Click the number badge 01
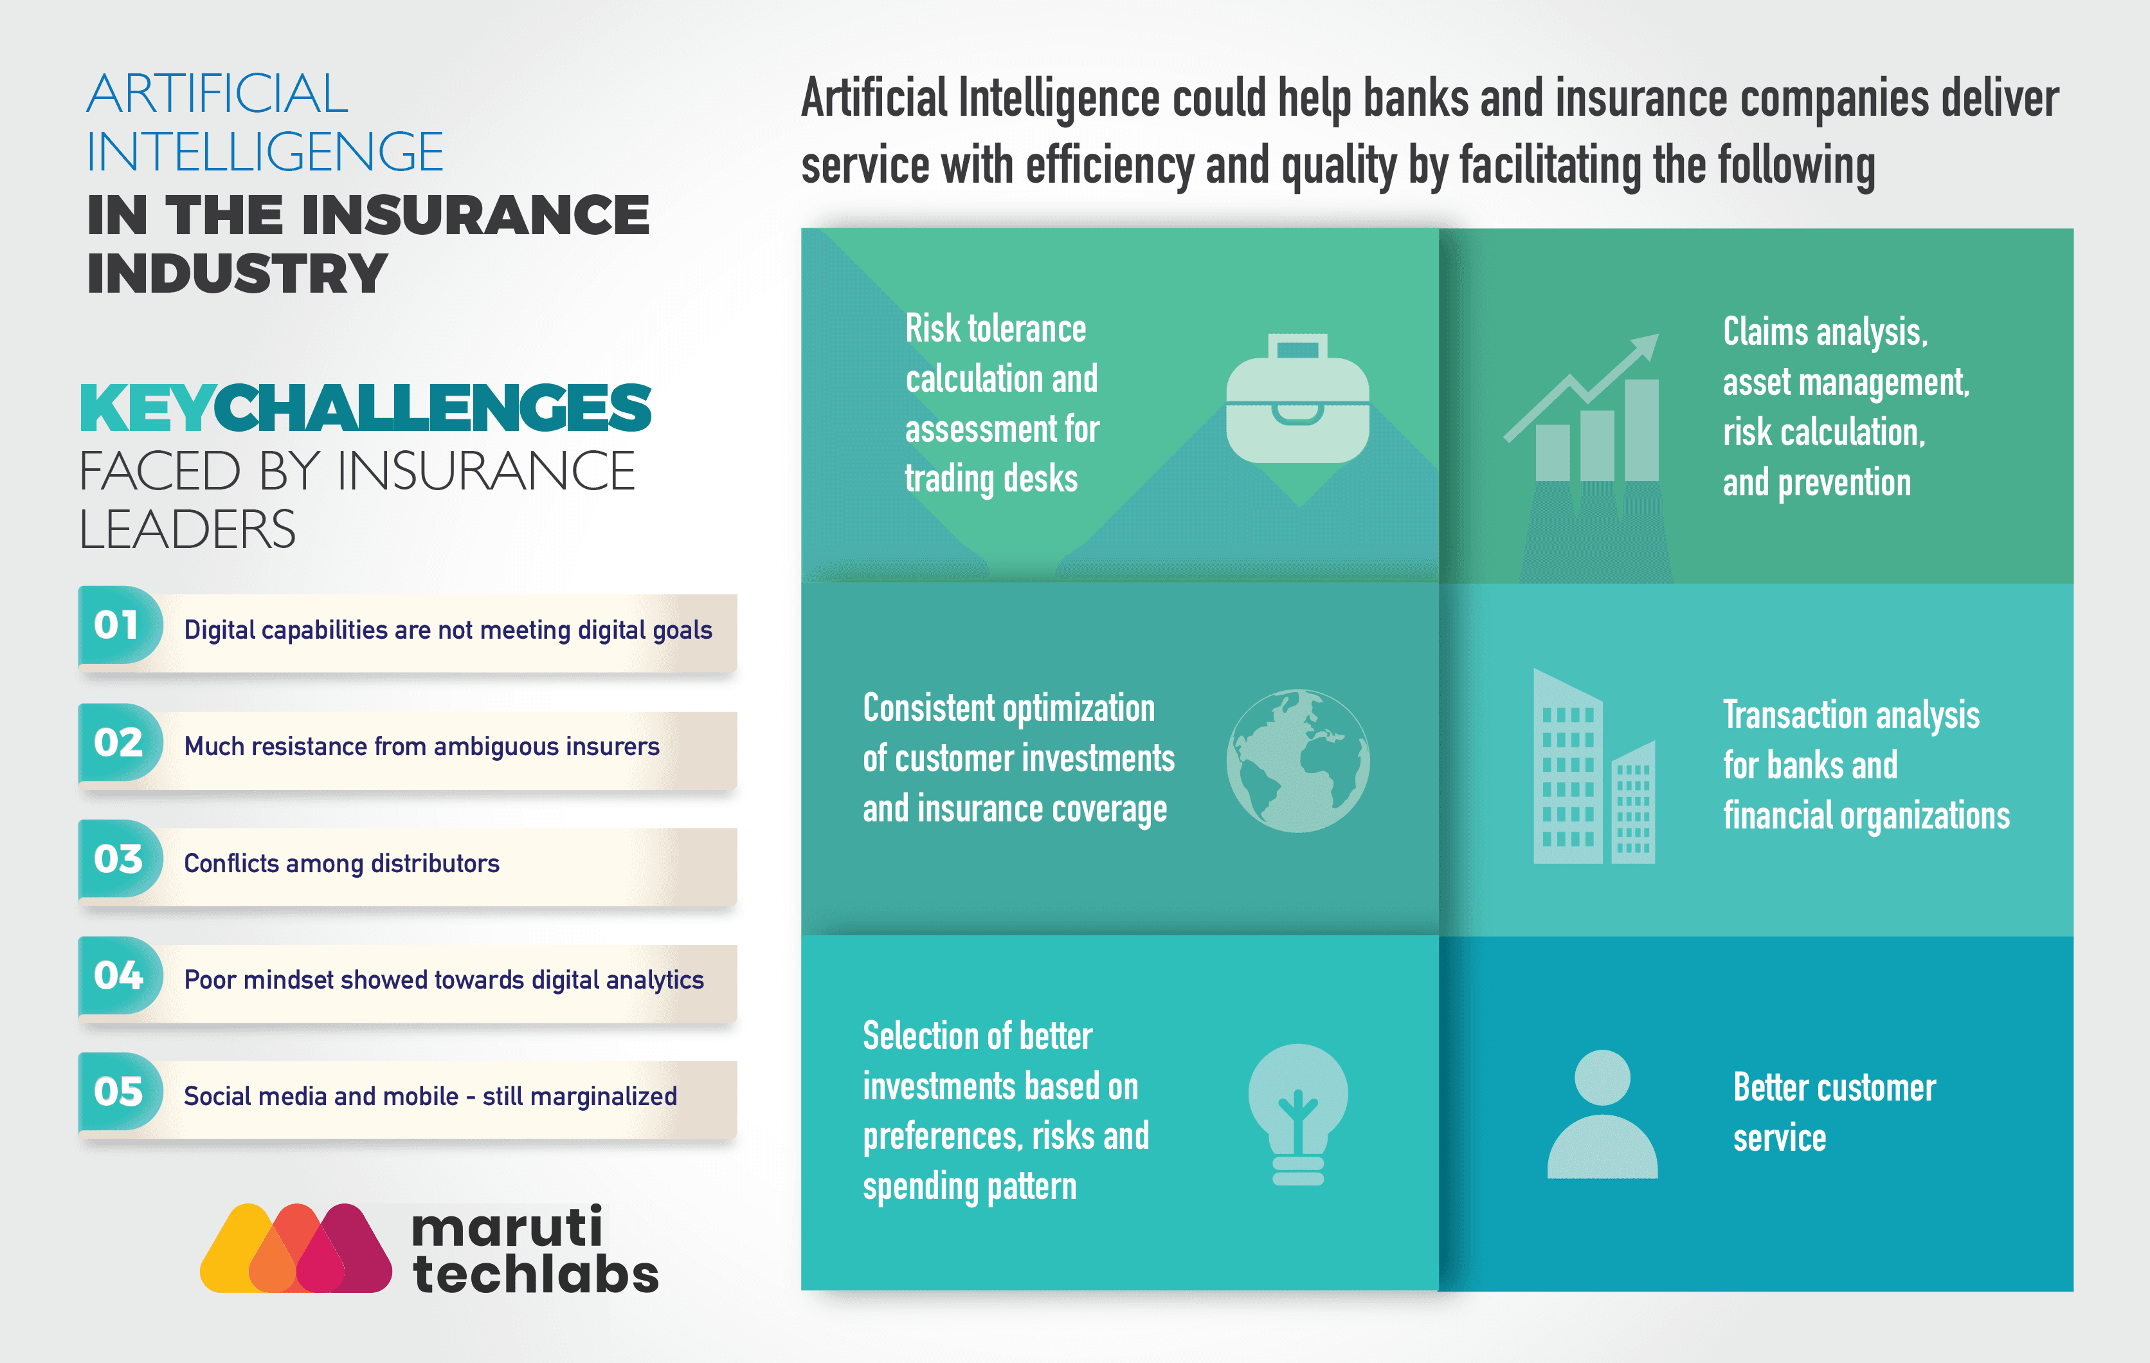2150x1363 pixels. (120, 625)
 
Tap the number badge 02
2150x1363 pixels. (120, 742)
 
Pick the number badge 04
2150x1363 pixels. (120, 975)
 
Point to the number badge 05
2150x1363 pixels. (120, 1092)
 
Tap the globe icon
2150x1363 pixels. (1298, 761)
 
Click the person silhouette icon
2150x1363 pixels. (1603, 1114)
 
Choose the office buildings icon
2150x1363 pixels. (1594, 766)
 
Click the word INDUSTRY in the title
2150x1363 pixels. (237, 273)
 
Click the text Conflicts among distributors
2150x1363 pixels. (341, 864)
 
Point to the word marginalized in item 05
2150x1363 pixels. (604, 1096)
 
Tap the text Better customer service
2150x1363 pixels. (1835, 1112)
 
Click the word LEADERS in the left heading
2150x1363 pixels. (188, 529)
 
